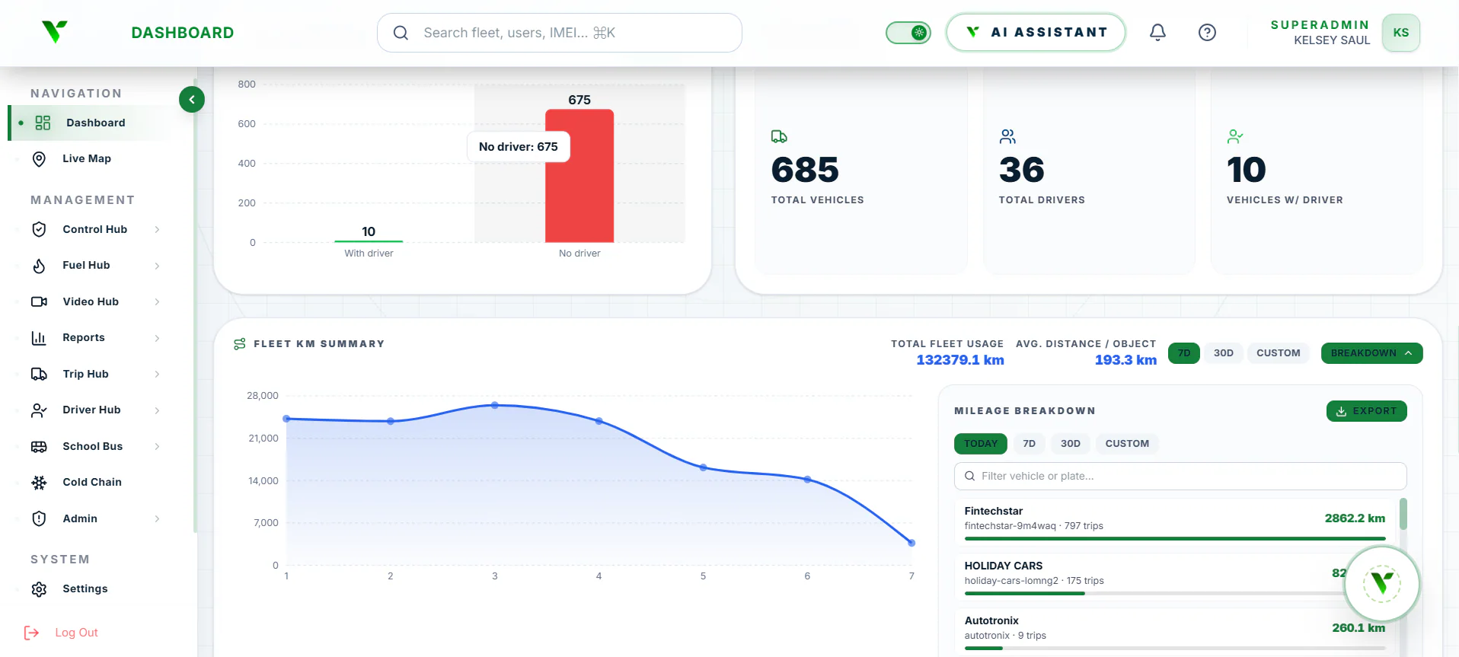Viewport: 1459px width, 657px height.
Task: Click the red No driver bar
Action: click(x=579, y=176)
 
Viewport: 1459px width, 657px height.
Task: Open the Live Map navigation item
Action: click(x=86, y=158)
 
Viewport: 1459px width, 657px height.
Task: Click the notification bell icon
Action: click(x=1157, y=32)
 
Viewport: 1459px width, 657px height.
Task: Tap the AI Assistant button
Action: click(x=1036, y=32)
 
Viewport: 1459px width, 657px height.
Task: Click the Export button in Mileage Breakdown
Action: click(x=1366, y=411)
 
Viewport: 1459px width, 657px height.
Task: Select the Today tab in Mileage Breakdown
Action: click(x=980, y=444)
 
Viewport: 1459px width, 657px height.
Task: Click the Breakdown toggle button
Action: click(x=1371, y=353)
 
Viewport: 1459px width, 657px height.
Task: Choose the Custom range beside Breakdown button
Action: click(x=1278, y=353)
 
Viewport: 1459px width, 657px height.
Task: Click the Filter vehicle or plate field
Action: click(x=1180, y=476)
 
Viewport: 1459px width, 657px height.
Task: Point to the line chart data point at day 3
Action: click(x=495, y=405)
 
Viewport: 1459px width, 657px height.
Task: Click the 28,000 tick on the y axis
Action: click(x=263, y=396)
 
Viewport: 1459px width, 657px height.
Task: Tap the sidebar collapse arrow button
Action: click(x=192, y=99)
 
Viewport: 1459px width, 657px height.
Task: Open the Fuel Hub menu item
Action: click(x=86, y=265)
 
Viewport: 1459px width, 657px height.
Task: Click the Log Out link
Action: click(x=76, y=633)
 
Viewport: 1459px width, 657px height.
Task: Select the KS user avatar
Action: click(x=1401, y=33)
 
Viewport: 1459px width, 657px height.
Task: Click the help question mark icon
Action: click(x=1207, y=32)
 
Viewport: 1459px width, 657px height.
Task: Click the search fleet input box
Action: click(x=560, y=33)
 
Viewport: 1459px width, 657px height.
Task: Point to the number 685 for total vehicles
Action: click(x=805, y=170)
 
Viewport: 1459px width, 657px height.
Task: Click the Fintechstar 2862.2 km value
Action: click(x=1355, y=518)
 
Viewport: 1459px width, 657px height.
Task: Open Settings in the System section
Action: click(x=85, y=588)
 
